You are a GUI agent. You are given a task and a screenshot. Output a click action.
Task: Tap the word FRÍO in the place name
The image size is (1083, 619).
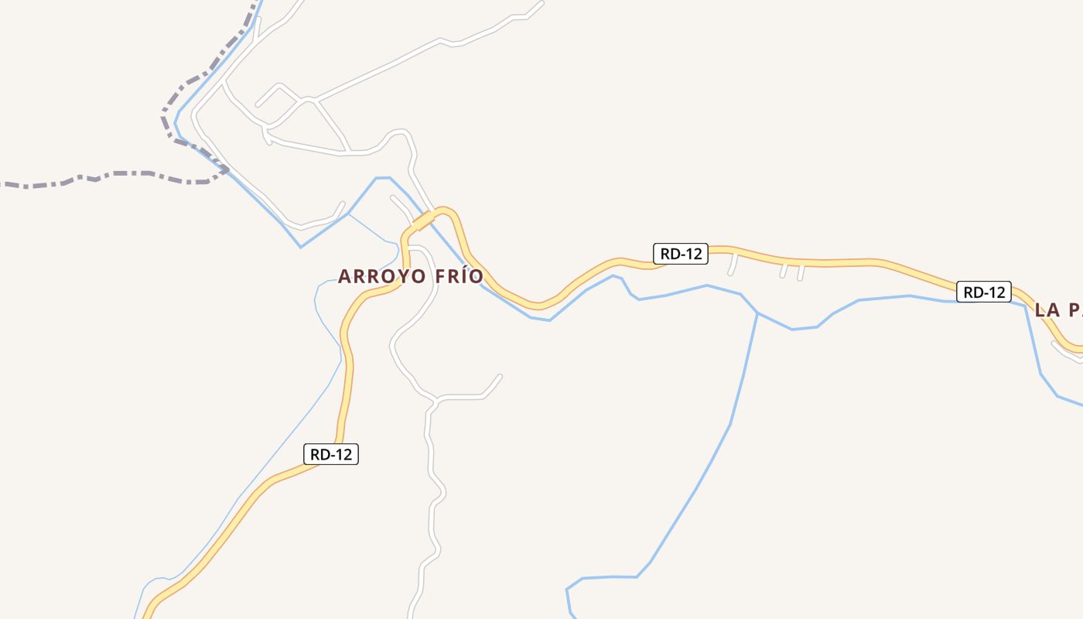(x=458, y=276)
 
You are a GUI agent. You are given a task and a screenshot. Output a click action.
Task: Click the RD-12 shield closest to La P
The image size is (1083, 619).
(x=983, y=292)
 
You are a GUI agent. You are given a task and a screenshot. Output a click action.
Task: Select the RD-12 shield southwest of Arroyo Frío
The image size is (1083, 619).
(x=331, y=454)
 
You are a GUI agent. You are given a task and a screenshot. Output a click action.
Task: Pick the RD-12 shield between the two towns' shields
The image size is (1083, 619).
(x=681, y=253)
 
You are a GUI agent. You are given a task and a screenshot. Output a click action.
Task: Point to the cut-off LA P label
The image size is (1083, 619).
(x=1057, y=310)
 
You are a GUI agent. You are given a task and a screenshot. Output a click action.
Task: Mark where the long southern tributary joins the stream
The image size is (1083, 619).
(x=757, y=313)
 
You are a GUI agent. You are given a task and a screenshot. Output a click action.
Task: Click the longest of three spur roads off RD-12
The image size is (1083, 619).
(x=733, y=264)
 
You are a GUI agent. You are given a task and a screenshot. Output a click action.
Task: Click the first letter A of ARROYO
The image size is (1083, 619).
(x=344, y=276)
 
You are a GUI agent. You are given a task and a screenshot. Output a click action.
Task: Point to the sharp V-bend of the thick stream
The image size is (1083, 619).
(x=301, y=247)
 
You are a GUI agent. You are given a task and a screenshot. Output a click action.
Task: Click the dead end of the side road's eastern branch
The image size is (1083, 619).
(x=501, y=376)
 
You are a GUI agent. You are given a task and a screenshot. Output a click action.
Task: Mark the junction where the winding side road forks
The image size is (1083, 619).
(x=436, y=400)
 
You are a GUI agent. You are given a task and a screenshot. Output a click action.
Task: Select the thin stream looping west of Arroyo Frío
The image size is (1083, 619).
(x=319, y=294)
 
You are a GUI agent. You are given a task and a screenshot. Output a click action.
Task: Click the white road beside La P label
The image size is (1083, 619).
(x=1065, y=352)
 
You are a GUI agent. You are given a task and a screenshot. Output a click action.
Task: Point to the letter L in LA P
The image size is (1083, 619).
(x=1040, y=310)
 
